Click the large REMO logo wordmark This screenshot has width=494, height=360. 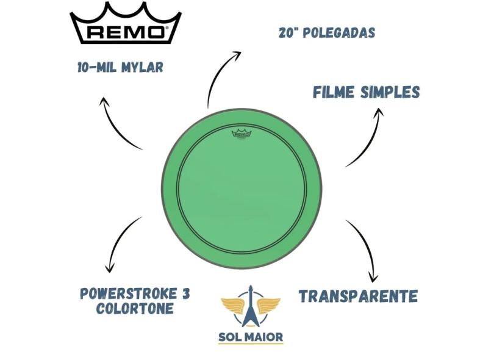click(125, 32)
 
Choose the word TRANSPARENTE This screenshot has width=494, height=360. click(358, 296)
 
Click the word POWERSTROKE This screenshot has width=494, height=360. click(129, 293)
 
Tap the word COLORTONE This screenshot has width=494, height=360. click(134, 309)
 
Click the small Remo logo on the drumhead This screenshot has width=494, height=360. click(240, 135)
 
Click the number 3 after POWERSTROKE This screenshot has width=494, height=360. click(186, 293)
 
